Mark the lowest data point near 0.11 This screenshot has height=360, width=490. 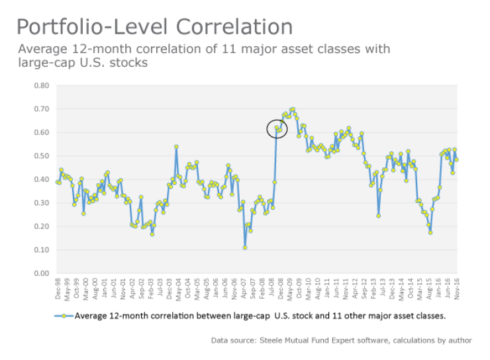pyautogui.click(x=245, y=247)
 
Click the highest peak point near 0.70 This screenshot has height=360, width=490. pyautogui.click(x=293, y=109)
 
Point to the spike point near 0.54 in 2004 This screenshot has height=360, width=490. pyautogui.click(x=176, y=147)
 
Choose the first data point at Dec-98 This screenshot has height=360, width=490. pyautogui.click(x=58, y=182)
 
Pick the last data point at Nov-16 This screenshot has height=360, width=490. pyautogui.click(x=456, y=159)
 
